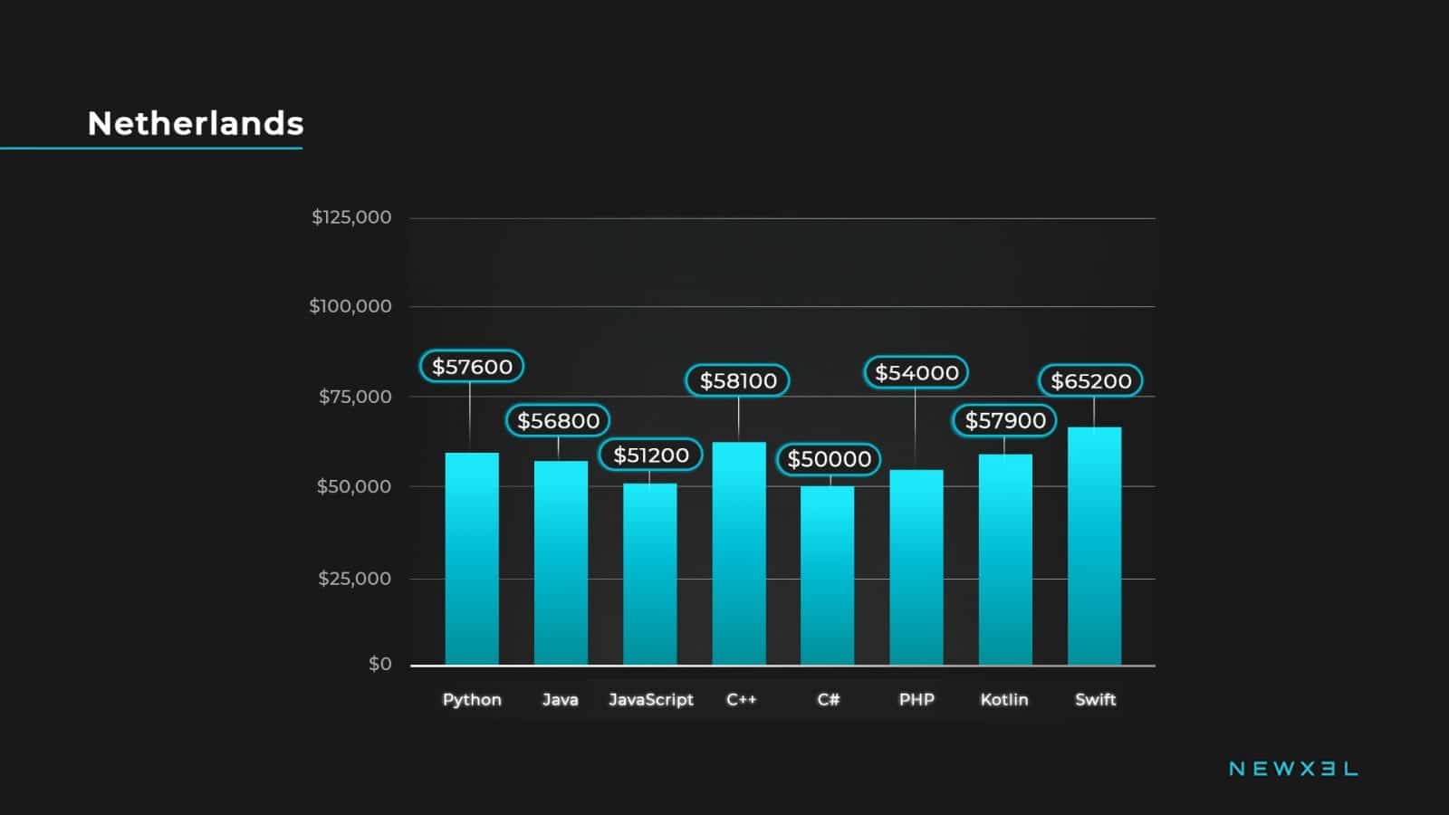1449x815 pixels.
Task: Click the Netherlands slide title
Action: tap(196, 123)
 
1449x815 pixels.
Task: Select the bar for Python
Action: tap(472, 559)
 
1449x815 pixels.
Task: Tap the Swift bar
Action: tap(1094, 546)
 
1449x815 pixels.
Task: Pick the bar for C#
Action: tap(827, 576)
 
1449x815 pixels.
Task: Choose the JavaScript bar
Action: tap(649, 574)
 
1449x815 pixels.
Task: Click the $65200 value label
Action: tap(1090, 381)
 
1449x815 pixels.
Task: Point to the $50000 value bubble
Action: tap(829, 460)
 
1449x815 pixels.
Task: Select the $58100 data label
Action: tap(738, 381)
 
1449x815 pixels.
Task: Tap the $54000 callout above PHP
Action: tap(916, 373)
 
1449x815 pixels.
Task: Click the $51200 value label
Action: tap(650, 455)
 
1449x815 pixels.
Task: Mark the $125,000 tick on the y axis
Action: tap(351, 217)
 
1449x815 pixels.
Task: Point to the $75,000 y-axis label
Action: tap(355, 397)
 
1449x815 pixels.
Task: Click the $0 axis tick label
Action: tap(380, 665)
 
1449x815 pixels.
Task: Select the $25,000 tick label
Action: tap(354, 579)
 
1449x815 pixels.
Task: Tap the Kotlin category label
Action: tap(1004, 700)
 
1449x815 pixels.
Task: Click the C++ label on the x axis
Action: tap(741, 700)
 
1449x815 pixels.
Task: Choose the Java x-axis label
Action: tap(560, 700)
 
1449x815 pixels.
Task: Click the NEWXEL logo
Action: tap(1292, 769)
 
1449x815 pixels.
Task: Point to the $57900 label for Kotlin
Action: tap(1005, 421)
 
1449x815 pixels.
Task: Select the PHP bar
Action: tap(916, 568)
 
